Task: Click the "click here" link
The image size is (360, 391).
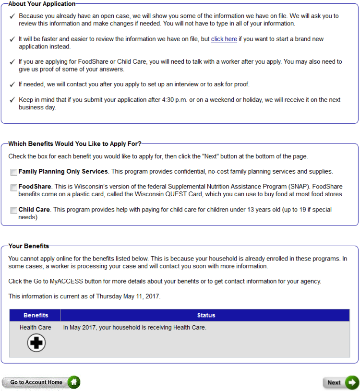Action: point(224,39)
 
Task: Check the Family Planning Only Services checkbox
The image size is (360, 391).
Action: point(13,172)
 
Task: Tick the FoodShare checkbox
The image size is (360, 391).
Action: point(13,187)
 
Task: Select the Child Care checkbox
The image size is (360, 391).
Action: point(13,210)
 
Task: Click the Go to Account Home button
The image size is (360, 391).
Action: point(36,382)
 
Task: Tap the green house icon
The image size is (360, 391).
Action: point(74,382)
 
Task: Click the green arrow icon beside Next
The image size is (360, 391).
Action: point(352,382)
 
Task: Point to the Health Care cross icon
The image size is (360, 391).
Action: point(36,343)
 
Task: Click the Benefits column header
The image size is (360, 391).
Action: point(36,315)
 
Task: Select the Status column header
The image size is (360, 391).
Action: point(206,315)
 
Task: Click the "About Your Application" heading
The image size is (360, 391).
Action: point(42,4)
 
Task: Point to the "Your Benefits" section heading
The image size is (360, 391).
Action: point(29,246)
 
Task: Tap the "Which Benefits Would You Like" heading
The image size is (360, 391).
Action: point(74,143)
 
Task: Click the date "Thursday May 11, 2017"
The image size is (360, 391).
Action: point(128,296)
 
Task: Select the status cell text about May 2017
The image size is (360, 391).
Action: point(134,328)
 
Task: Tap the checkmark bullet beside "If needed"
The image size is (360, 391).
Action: point(12,84)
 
